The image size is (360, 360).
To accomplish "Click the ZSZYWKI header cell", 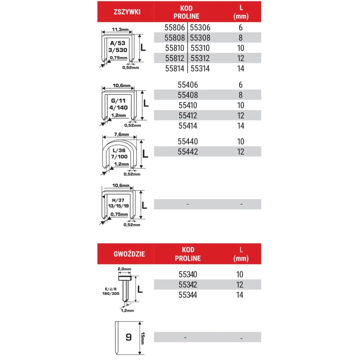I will [x=126, y=12].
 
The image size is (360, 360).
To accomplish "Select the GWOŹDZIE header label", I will [x=126, y=254].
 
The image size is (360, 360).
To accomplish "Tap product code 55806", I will [x=174, y=28].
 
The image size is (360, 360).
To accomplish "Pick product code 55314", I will [x=200, y=68].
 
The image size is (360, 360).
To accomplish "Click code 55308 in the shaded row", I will [x=200, y=38].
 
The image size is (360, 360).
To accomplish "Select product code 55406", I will [x=188, y=85].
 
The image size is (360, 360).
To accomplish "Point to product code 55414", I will [x=188, y=126].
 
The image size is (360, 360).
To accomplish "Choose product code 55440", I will [x=188, y=141].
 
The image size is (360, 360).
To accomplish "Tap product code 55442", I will [x=188, y=152].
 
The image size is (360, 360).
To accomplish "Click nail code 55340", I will [x=188, y=274].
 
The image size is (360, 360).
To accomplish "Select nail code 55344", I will [x=188, y=295].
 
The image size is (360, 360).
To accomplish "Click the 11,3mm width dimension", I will [x=120, y=30].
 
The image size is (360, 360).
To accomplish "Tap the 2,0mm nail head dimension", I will [x=124, y=269].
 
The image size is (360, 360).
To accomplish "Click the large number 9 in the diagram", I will [x=128, y=337].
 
